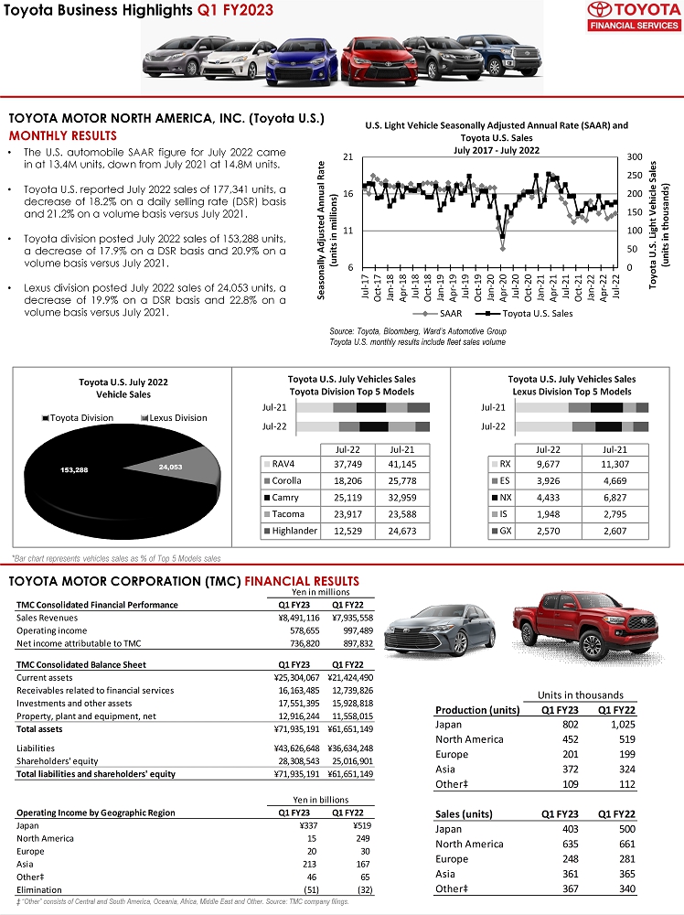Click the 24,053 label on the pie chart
coord(171,467)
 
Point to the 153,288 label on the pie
coord(74,469)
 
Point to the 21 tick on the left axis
coord(348,157)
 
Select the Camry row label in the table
coord(285,497)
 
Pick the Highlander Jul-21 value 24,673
coord(402,531)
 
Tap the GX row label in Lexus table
coord(505,531)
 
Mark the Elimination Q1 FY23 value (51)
coord(311,888)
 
